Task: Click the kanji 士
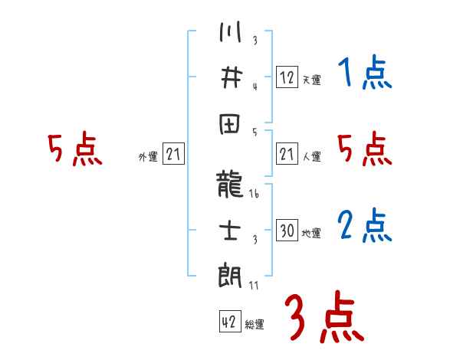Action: pyautogui.click(x=230, y=229)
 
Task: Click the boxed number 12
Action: pyautogui.click(x=287, y=77)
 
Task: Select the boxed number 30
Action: pyautogui.click(x=287, y=231)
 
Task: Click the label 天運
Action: pyautogui.click(x=311, y=80)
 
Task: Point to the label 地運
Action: pyautogui.click(x=311, y=233)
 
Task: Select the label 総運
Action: pyautogui.click(x=255, y=324)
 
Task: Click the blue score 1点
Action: pyautogui.click(x=363, y=74)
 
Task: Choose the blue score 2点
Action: pyautogui.click(x=363, y=226)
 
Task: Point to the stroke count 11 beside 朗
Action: pyautogui.click(x=254, y=285)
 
